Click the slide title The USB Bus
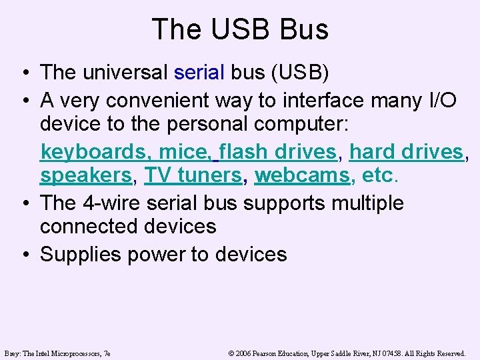[x=240, y=29]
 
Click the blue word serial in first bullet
[x=199, y=72]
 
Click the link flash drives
[x=277, y=152]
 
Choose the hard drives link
[x=406, y=152]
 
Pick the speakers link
[x=86, y=176]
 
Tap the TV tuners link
[x=193, y=176]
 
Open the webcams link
[x=302, y=176]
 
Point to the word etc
[x=379, y=176]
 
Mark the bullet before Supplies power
[x=24, y=255]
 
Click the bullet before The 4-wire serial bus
[x=24, y=203]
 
